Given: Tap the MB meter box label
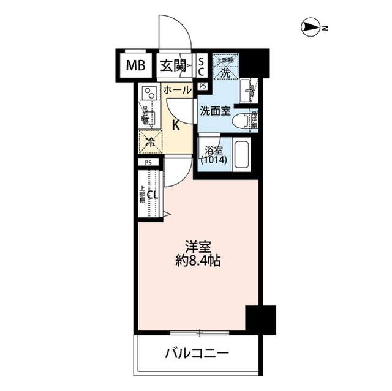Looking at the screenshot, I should click(x=137, y=65).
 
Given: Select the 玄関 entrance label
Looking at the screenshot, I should click(x=173, y=65).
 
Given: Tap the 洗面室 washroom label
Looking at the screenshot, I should click(x=215, y=111).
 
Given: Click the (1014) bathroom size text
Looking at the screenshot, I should click(x=214, y=160).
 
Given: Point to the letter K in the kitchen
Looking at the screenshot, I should click(x=175, y=126).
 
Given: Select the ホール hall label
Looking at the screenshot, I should click(x=178, y=91).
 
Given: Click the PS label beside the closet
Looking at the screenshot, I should click(x=148, y=163).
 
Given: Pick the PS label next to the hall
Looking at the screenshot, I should click(x=202, y=86).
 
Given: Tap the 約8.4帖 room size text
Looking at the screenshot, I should click(x=198, y=261).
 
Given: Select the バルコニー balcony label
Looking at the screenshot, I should click(x=197, y=353).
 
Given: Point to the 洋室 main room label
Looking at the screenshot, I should click(x=198, y=247).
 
